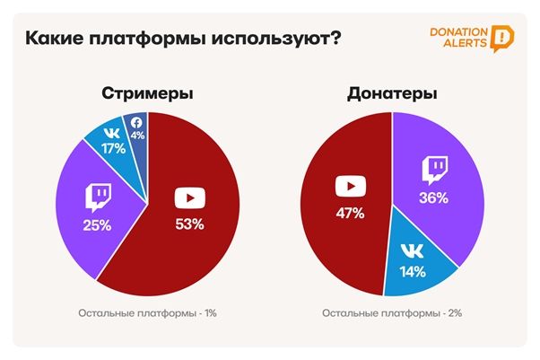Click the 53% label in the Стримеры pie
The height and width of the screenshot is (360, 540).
188,224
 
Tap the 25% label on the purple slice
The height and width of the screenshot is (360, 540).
98,224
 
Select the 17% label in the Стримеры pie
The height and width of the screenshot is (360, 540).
114,150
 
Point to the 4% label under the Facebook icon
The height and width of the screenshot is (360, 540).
137,136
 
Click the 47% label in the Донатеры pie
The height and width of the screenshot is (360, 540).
350,213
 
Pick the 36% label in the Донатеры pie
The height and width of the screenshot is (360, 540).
434,198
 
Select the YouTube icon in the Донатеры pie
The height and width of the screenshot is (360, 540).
350,187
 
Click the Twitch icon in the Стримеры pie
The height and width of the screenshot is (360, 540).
97,197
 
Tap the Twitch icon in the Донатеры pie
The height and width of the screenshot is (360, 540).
434,169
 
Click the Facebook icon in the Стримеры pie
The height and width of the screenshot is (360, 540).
137,122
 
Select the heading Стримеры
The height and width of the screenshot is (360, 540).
148,93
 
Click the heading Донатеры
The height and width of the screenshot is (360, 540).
391,93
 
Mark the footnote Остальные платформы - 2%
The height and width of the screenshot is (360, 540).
392,313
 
